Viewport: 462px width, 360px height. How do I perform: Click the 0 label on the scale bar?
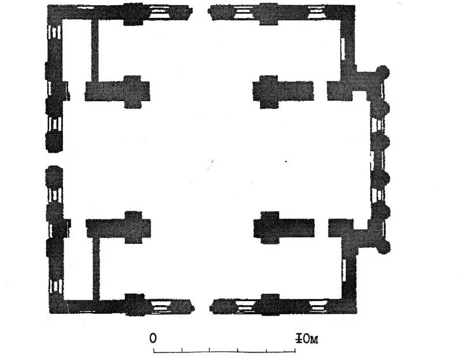click(152, 339)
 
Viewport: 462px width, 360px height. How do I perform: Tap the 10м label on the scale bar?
click(307, 339)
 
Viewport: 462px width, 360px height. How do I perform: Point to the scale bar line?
click(225, 351)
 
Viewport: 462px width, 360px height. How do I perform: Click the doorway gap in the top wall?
click(200, 12)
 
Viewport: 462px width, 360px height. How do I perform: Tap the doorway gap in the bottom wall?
click(203, 307)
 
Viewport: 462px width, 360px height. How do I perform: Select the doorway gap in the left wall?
click(54, 159)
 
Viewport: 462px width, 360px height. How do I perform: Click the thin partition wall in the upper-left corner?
click(95, 50)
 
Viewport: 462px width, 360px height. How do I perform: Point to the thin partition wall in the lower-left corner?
click(96, 269)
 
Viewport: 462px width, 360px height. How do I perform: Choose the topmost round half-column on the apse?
click(383, 72)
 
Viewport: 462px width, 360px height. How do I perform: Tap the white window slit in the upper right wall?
click(342, 49)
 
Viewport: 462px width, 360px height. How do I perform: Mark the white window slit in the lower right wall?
click(344, 270)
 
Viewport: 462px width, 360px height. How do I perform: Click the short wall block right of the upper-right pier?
click(340, 91)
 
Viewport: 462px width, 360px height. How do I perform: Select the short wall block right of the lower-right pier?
click(341, 228)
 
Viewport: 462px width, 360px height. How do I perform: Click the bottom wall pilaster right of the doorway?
click(270, 305)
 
